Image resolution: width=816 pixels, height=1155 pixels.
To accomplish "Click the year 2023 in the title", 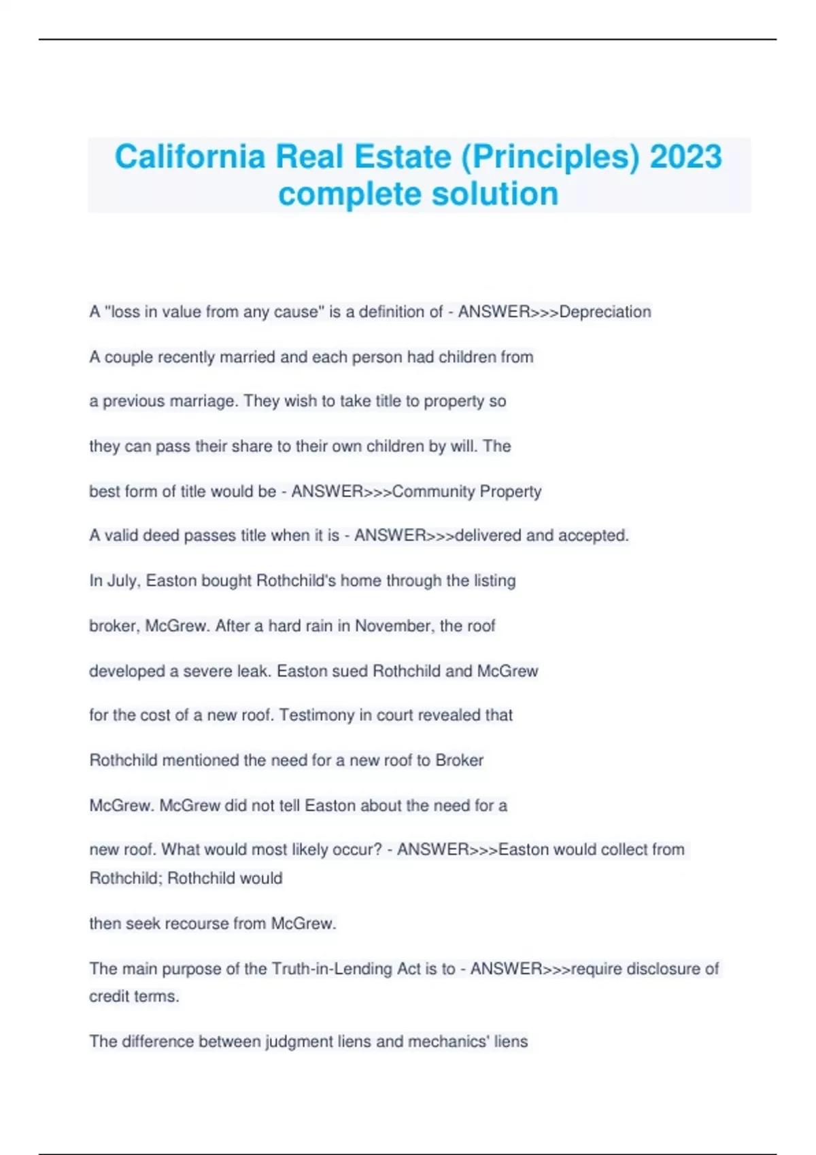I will tap(685, 157).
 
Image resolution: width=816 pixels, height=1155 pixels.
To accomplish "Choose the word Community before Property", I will tap(433, 491).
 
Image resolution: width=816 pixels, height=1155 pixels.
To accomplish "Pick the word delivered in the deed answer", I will tap(488, 535).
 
